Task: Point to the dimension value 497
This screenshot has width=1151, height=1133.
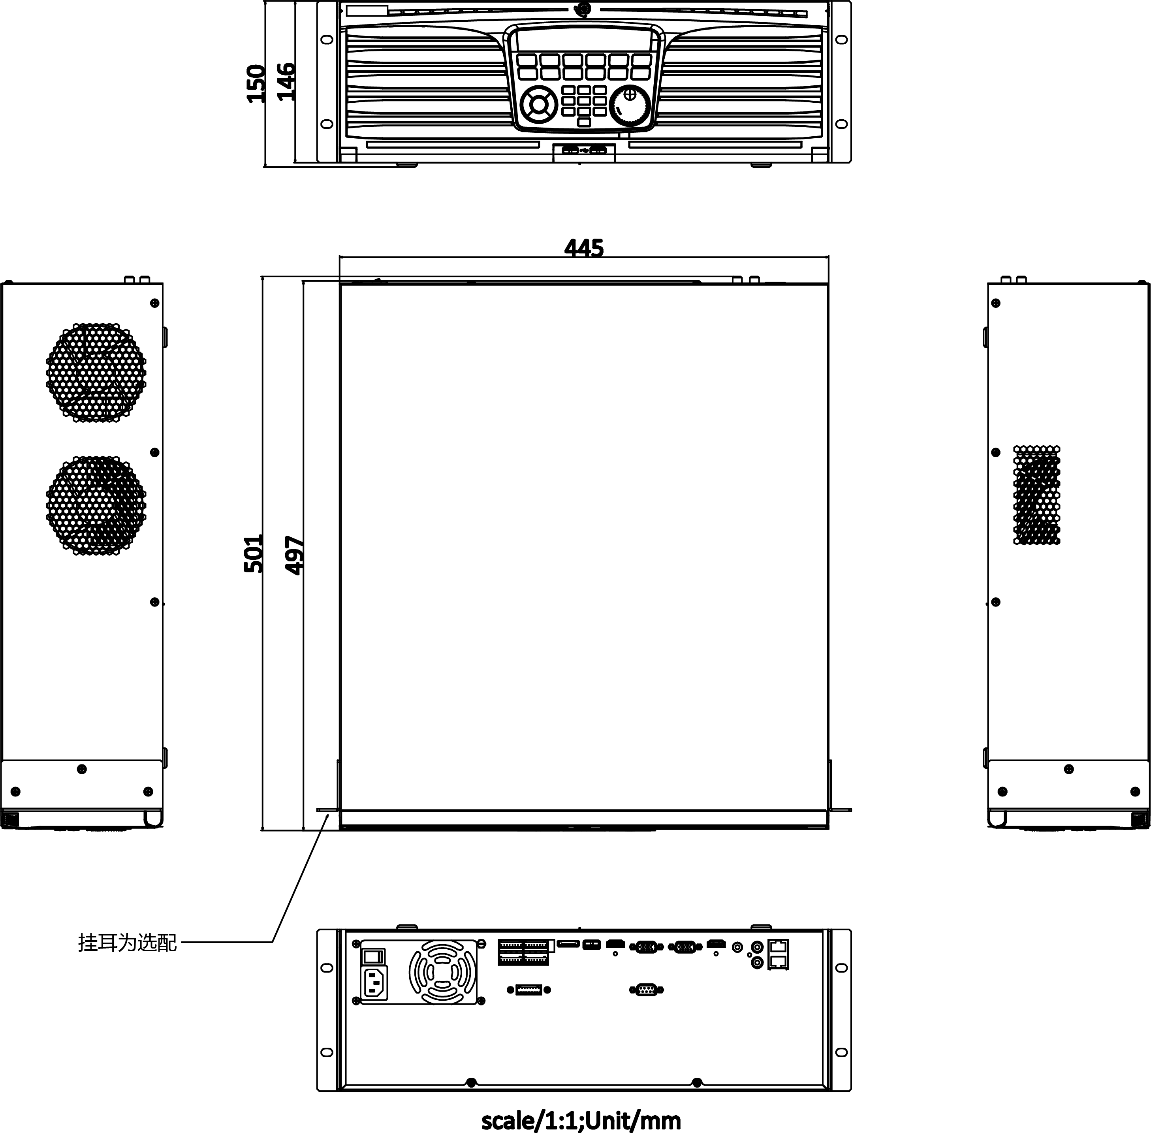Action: tap(294, 555)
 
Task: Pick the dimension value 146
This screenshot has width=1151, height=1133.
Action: tap(286, 81)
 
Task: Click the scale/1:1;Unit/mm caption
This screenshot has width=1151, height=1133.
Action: tap(581, 1120)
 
